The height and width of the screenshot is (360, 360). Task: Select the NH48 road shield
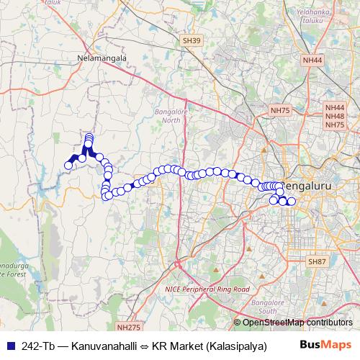point(335,116)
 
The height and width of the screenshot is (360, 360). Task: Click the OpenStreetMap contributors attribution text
point(297,323)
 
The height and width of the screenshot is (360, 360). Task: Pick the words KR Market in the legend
point(180,346)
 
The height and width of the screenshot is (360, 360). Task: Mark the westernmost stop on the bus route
point(68,166)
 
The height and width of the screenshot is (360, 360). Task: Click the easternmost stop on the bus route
point(292,202)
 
